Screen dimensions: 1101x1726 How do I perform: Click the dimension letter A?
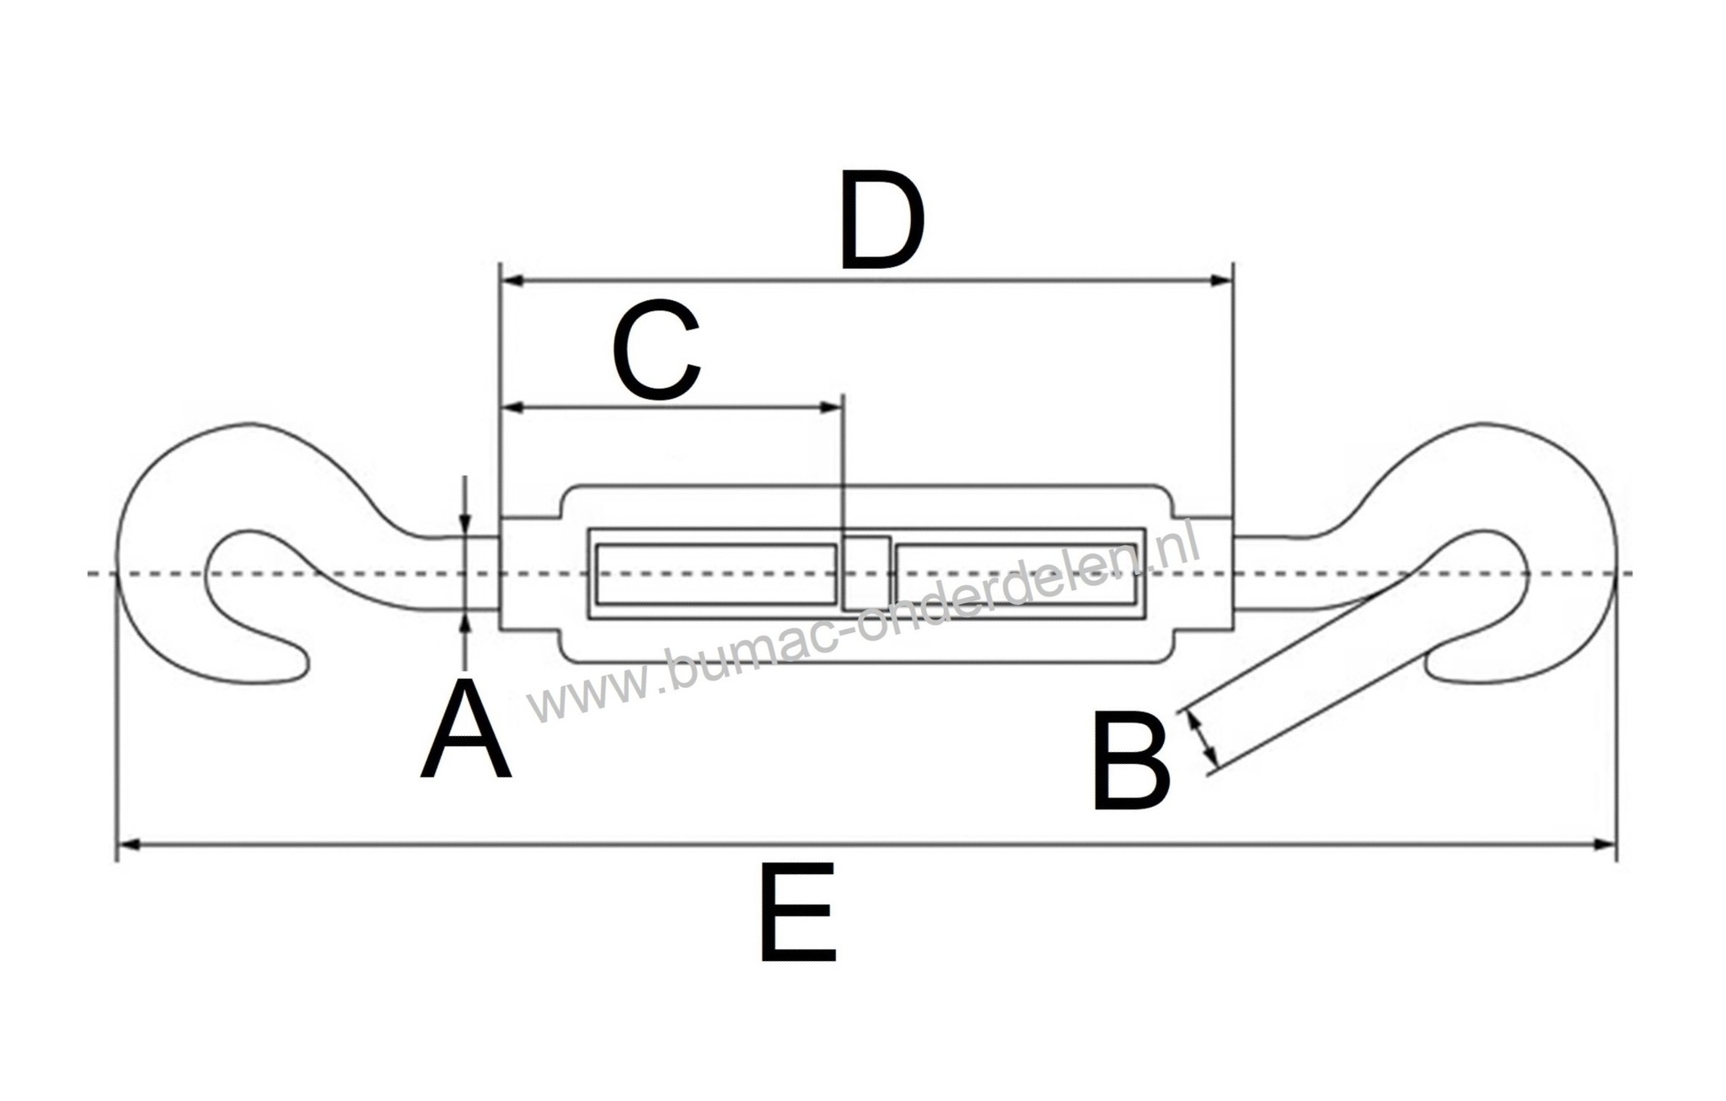coord(466,732)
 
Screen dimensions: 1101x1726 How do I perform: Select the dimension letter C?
coord(657,350)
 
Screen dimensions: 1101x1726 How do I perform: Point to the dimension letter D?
coord(882,220)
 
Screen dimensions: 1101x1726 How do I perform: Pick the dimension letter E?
coord(797,912)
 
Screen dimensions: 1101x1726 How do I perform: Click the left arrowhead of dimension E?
coord(128,843)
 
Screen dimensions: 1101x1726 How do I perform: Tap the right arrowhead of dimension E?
coord(1604,843)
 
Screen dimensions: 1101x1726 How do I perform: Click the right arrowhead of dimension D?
coord(1221,281)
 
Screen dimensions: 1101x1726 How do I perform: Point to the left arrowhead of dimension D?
coord(512,281)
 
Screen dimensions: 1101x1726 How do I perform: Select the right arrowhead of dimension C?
coord(832,408)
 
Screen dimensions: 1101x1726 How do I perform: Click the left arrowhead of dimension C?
coord(512,408)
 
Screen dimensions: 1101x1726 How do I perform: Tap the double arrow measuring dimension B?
coord(1203,740)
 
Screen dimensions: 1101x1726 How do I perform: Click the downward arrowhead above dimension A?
coord(465,524)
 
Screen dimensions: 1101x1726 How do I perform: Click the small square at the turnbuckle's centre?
coord(866,573)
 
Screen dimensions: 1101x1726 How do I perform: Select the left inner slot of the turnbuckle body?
coord(716,574)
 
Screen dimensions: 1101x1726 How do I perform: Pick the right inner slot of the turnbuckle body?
coord(1015,574)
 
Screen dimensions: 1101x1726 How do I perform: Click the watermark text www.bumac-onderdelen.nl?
coord(864,628)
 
